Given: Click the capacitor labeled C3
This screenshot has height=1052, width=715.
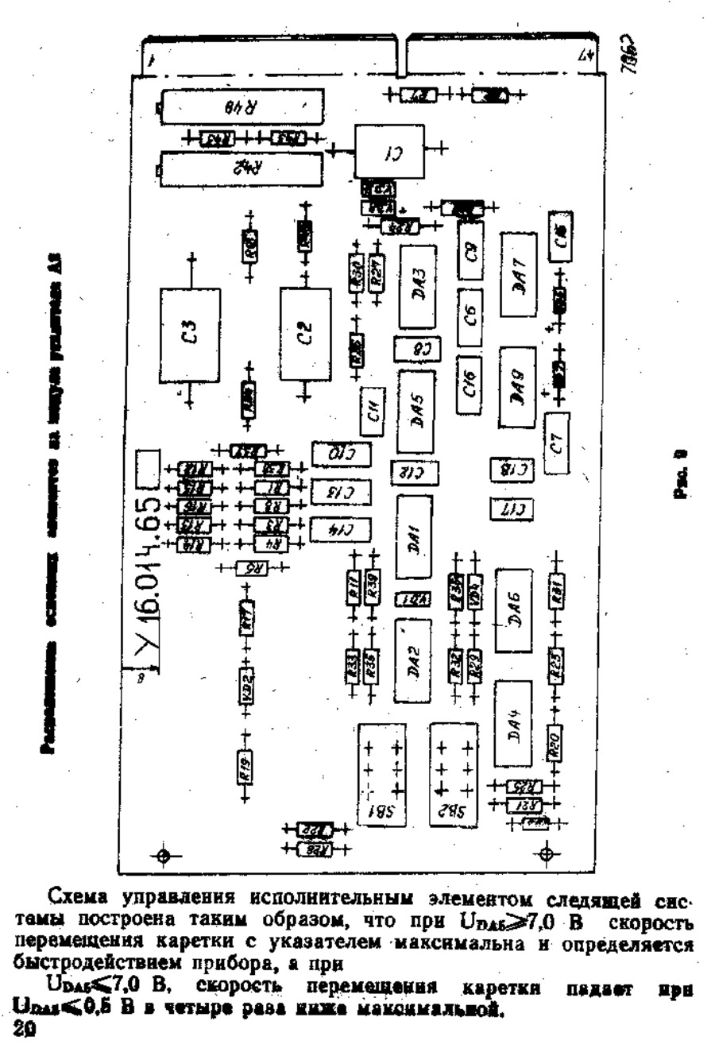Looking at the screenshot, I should [190, 327].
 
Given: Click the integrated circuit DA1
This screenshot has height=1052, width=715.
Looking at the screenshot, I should [414, 537].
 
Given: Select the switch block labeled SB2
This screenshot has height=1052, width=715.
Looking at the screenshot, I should [453, 775].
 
